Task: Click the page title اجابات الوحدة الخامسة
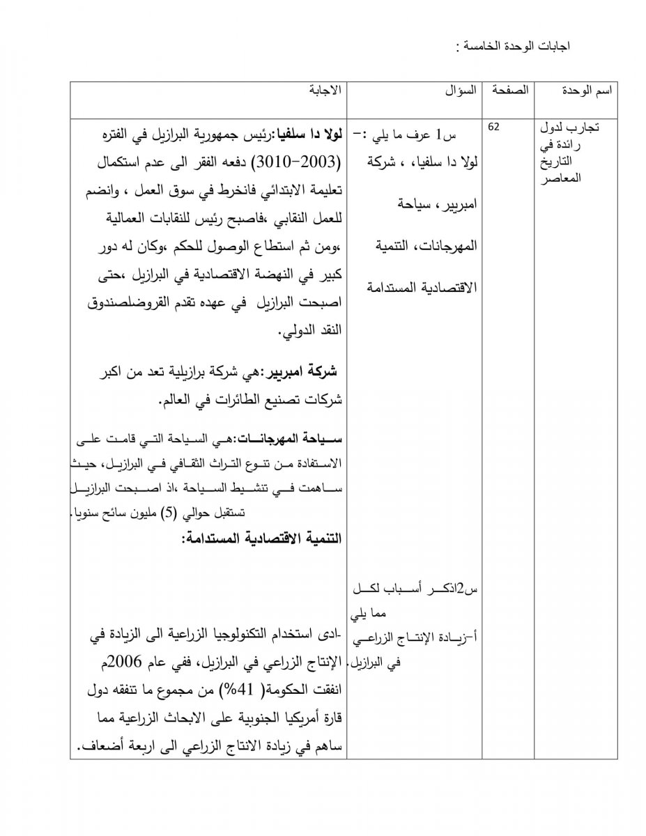[x=514, y=47]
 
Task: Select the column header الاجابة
[x=325, y=91]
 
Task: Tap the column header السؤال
[x=461, y=91]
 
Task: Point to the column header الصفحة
[x=509, y=91]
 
